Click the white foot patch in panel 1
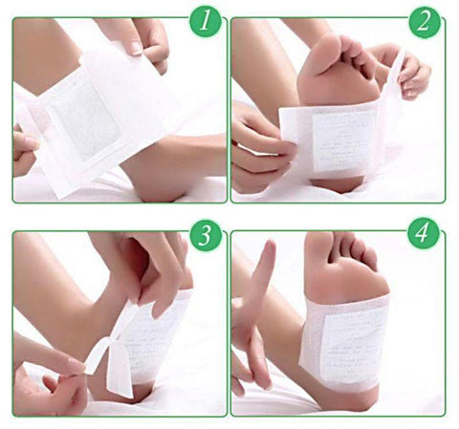[91, 124]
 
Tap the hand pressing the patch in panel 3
[153, 272]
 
